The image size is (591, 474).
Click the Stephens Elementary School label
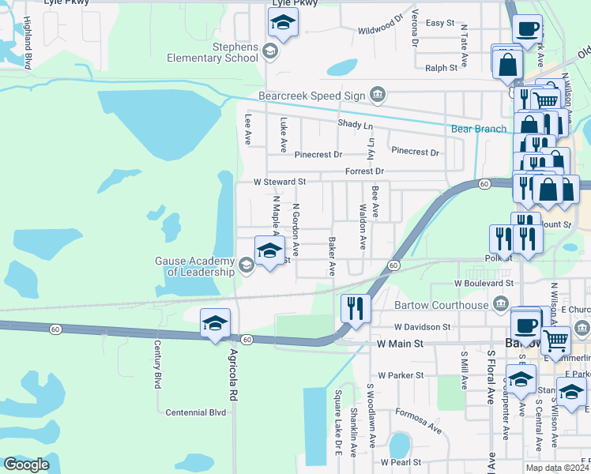point(213,52)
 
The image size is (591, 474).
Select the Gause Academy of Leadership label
point(194,266)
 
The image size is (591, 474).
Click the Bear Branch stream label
point(478,129)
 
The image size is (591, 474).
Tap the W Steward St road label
point(279,182)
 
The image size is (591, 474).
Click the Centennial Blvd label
point(196,412)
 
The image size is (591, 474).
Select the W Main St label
point(401,344)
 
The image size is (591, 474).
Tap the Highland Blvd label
point(28,50)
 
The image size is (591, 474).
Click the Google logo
point(26,465)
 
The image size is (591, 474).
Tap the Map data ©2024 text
point(556,468)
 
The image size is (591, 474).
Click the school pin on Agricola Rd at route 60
point(215,324)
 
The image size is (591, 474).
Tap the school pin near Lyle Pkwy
point(282,24)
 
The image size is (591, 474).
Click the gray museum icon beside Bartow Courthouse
point(500,305)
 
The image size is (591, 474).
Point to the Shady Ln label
point(354,125)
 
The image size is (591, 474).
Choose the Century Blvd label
point(158,364)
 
